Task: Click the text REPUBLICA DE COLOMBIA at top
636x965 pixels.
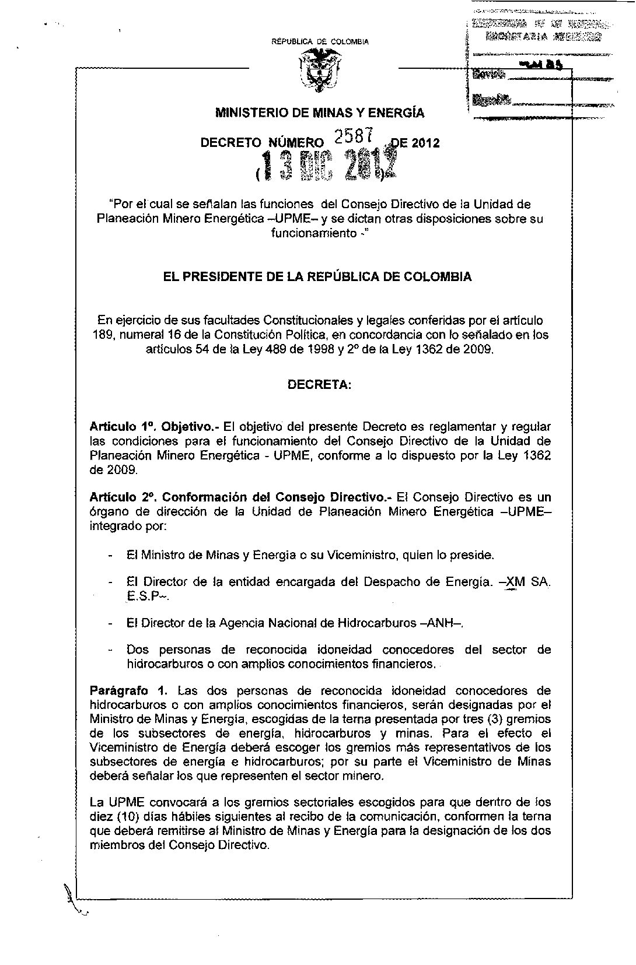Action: coord(320,42)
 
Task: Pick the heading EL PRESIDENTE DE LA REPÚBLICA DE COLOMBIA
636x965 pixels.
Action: coord(319,277)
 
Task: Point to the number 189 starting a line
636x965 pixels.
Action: coord(103,335)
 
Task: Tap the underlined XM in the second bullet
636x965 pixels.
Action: coord(514,582)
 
